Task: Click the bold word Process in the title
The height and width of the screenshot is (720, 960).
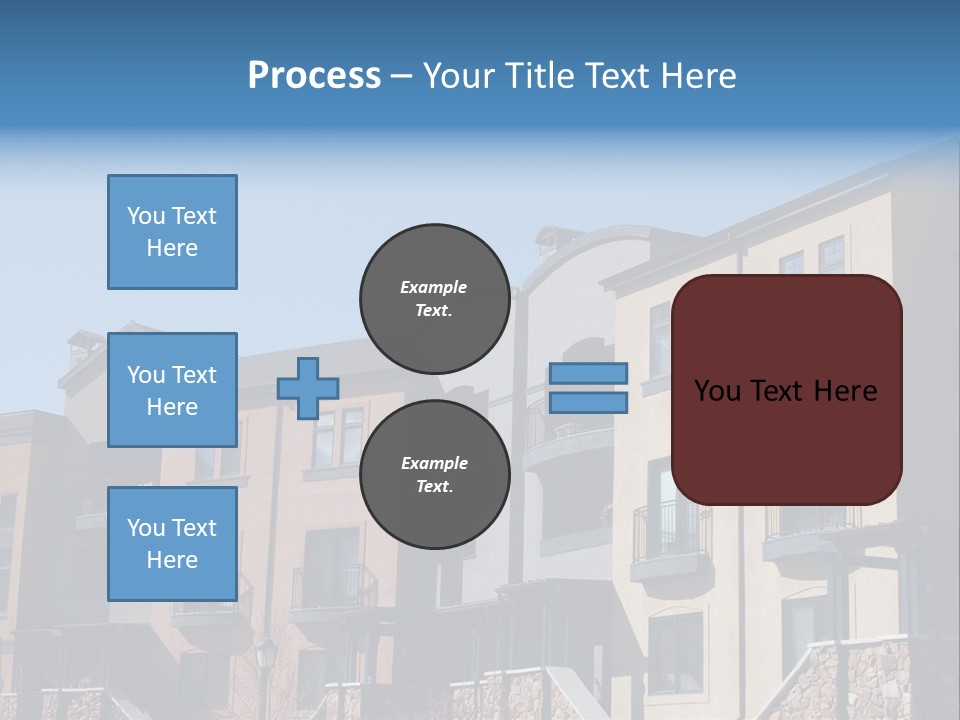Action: pos(314,76)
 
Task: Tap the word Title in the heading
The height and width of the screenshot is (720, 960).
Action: pos(536,76)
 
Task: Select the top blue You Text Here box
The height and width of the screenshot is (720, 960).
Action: pos(172,232)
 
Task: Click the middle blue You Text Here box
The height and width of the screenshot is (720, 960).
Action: pos(172,390)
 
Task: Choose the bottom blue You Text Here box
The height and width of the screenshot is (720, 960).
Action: pos(172,544)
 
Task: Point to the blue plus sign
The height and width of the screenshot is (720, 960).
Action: pos(307,388)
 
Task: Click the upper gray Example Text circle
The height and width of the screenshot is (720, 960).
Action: pos(434,299)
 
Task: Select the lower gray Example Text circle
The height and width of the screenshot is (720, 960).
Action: pos(434,475)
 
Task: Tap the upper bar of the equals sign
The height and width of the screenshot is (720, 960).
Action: pos(589,374)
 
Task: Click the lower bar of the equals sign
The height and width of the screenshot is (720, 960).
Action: pos(589,403)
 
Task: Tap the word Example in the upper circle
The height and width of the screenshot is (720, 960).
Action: pos(434,287)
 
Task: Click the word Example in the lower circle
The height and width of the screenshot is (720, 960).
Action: pos(434,463)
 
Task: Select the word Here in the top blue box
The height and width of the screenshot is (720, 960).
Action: pos(172,248)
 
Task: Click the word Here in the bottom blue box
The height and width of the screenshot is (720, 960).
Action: pos(172,560)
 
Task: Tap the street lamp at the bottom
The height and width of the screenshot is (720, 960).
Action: pos(266,660)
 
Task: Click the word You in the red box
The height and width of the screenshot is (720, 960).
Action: pos(718,391)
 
